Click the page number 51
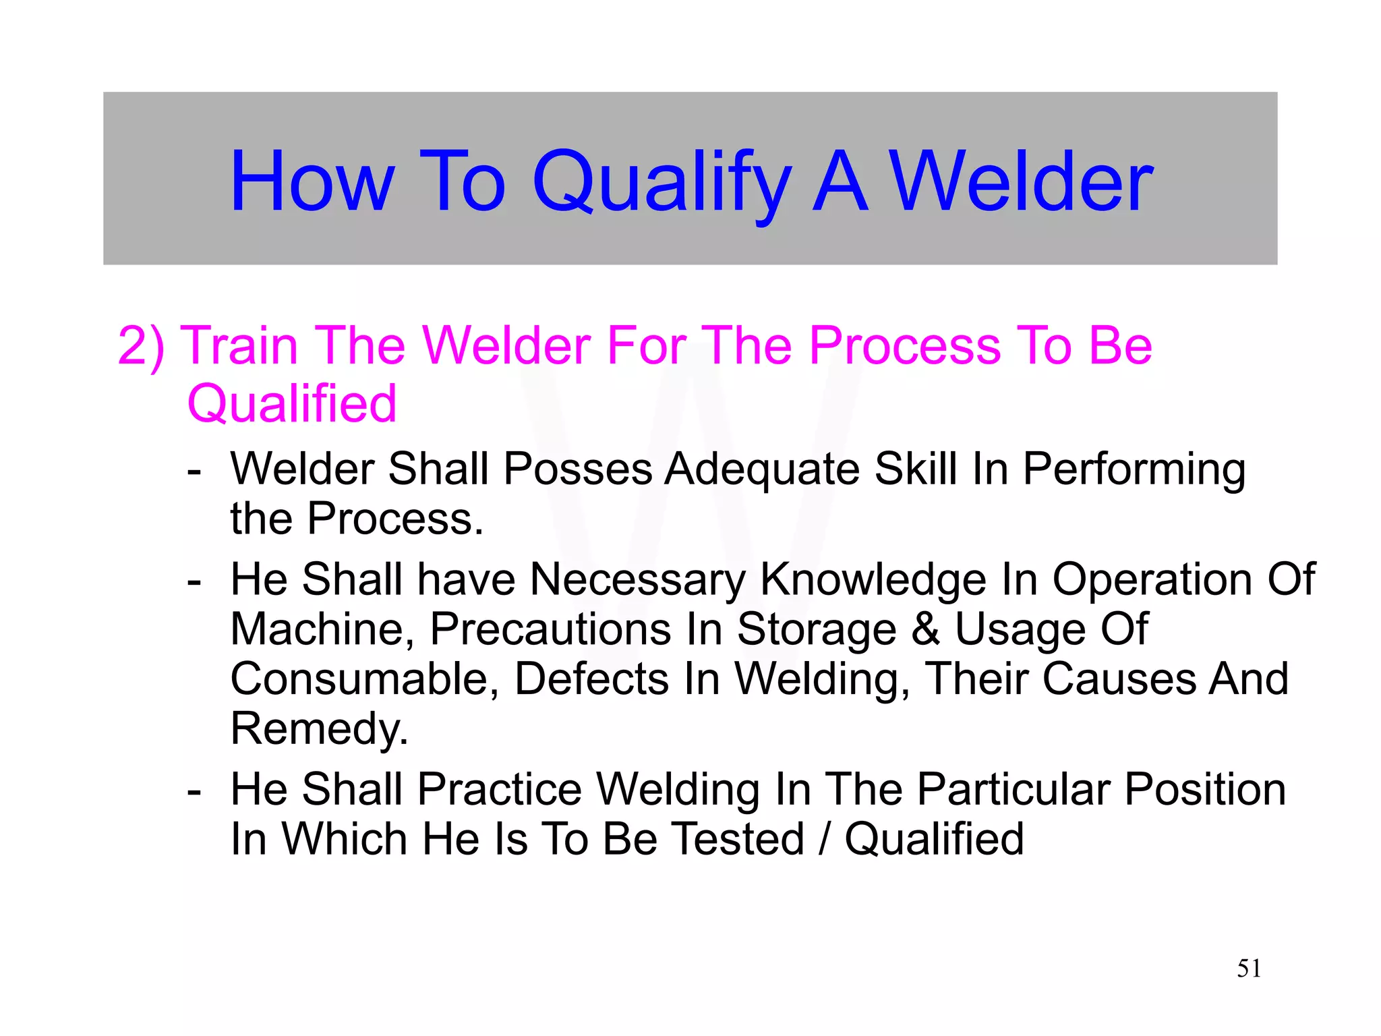tap(1249, 969)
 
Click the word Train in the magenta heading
tap(240, 345)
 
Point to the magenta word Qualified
tap(291, 403)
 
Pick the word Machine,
tap(322, 629)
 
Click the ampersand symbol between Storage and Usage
tap(925, 629)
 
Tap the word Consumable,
tap(364, 679)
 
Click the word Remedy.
tap(319, 728)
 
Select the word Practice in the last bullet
tap(499, 789)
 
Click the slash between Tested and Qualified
tap(823, 839)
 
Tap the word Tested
tap(739, 839)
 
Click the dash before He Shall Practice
tap(194, 790)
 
